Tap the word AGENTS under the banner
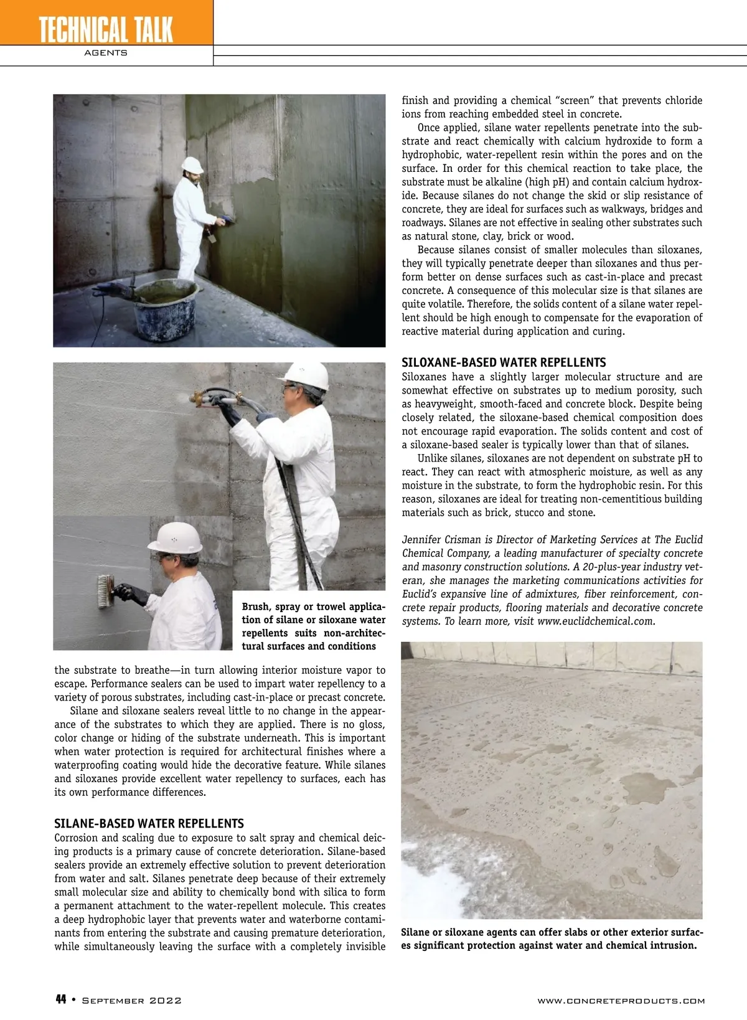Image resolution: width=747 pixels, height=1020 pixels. click(x=106, y=53)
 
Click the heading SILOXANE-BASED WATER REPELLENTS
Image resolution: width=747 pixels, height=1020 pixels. click(x=503, y=362)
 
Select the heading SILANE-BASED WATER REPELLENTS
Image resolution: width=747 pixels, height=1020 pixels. click(x=149, y=823)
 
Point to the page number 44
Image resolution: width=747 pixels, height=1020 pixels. click(x=61, y=999)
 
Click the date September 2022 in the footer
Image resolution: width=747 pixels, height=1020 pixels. click(x=132, y=1000)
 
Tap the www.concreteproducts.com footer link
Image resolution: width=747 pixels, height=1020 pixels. click(x=621, y=1001)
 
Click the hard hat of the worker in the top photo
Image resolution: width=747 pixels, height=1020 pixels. click(x=193, y=164)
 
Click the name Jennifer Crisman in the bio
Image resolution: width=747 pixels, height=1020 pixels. click(x=439, y=539)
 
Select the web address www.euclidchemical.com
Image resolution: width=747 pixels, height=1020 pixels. click(x=595, y=621)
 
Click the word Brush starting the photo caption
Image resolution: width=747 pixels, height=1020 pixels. click(x=256, y=607)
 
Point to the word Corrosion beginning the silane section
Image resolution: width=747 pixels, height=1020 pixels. click(x=76, y=838)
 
